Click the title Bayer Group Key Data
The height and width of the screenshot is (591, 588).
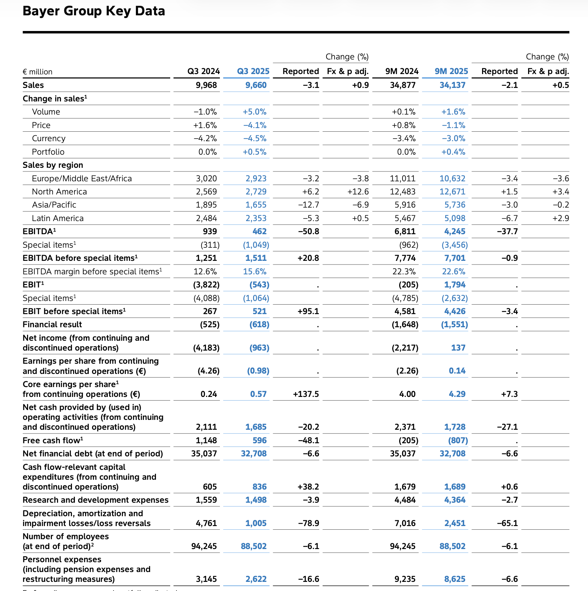[94, 11]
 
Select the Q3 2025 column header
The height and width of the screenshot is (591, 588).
[253, 71]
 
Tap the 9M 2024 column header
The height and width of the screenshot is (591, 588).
[402, 71]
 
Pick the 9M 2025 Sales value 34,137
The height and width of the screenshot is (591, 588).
[452, 85]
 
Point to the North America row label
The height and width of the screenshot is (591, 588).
[59, 192]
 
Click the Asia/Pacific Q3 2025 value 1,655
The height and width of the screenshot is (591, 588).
[256, 205]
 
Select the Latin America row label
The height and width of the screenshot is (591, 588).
[58, 218]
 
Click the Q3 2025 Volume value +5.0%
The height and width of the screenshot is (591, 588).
[255, 112]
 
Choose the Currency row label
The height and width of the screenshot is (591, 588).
[49, 138]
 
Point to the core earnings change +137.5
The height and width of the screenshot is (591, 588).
[306, 394]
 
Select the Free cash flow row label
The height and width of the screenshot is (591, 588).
[53, 440]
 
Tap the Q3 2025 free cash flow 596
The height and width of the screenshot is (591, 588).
[259, 440]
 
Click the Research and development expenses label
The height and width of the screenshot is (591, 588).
[95, 500]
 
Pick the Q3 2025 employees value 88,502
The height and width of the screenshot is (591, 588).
[253, 546]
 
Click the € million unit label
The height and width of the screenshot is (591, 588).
[38, 72]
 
